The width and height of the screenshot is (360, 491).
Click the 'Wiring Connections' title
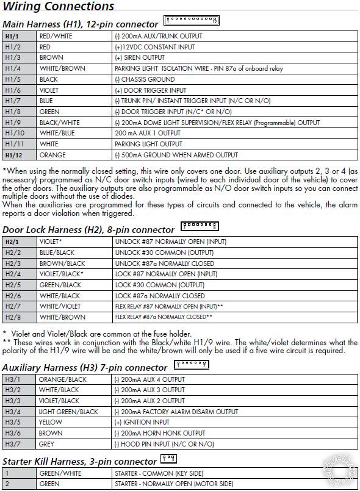[58, 7]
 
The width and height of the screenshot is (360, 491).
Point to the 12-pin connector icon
[191, 22]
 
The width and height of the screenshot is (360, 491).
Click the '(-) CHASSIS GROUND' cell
[144, 79]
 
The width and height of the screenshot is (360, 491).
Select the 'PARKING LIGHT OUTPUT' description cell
[148, 144]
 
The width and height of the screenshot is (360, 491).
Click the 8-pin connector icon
[200, 228]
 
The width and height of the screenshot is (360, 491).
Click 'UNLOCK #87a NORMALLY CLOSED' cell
[165, 263]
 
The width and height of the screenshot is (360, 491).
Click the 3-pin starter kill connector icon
[168, 459]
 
